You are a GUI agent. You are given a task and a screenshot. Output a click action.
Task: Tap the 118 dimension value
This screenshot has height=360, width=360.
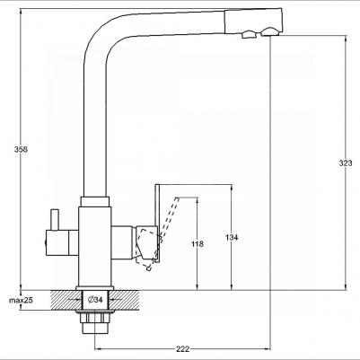(x=197, y=243)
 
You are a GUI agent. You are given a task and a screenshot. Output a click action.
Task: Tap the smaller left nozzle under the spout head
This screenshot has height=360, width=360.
(x=245, y=34)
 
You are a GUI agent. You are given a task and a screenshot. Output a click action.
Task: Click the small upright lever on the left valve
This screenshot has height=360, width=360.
(x=53, y=218)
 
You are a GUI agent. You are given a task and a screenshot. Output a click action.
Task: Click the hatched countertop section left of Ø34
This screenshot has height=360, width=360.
(x=65, y=299)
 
